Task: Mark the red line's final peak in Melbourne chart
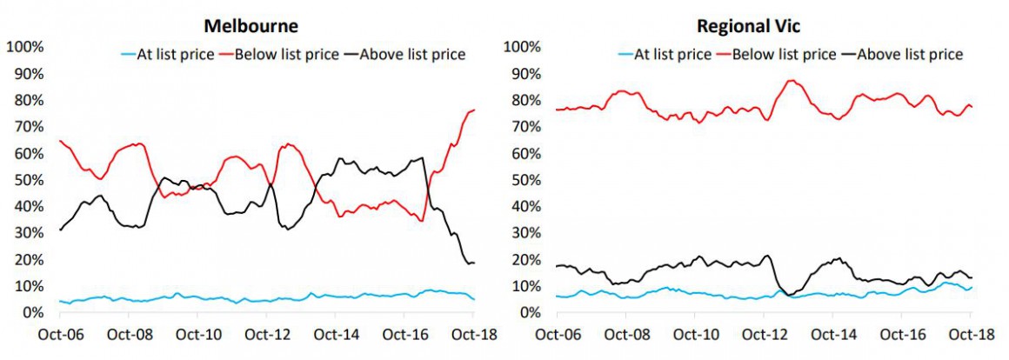pos(473,110)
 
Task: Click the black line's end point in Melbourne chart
pos(474,263)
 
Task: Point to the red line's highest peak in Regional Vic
pos(791,81)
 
